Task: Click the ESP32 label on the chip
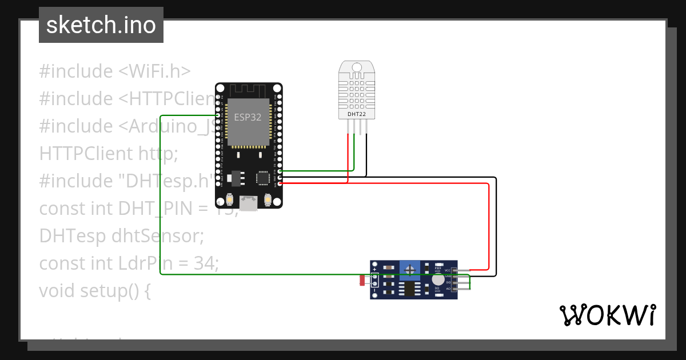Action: coord(248,117)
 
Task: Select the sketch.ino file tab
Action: coord(101,25)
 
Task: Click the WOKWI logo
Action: coord(607,315)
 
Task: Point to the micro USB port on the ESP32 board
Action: coord(249,202)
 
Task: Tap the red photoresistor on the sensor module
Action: coord(362,280)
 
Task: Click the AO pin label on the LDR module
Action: coord(448,289)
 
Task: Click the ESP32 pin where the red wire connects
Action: coord(279,183)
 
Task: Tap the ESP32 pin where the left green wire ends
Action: coord(218,115)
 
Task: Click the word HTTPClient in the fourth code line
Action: coord(86,154)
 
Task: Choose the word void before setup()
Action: coord(57,291)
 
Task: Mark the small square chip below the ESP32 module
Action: coord(263,178)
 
